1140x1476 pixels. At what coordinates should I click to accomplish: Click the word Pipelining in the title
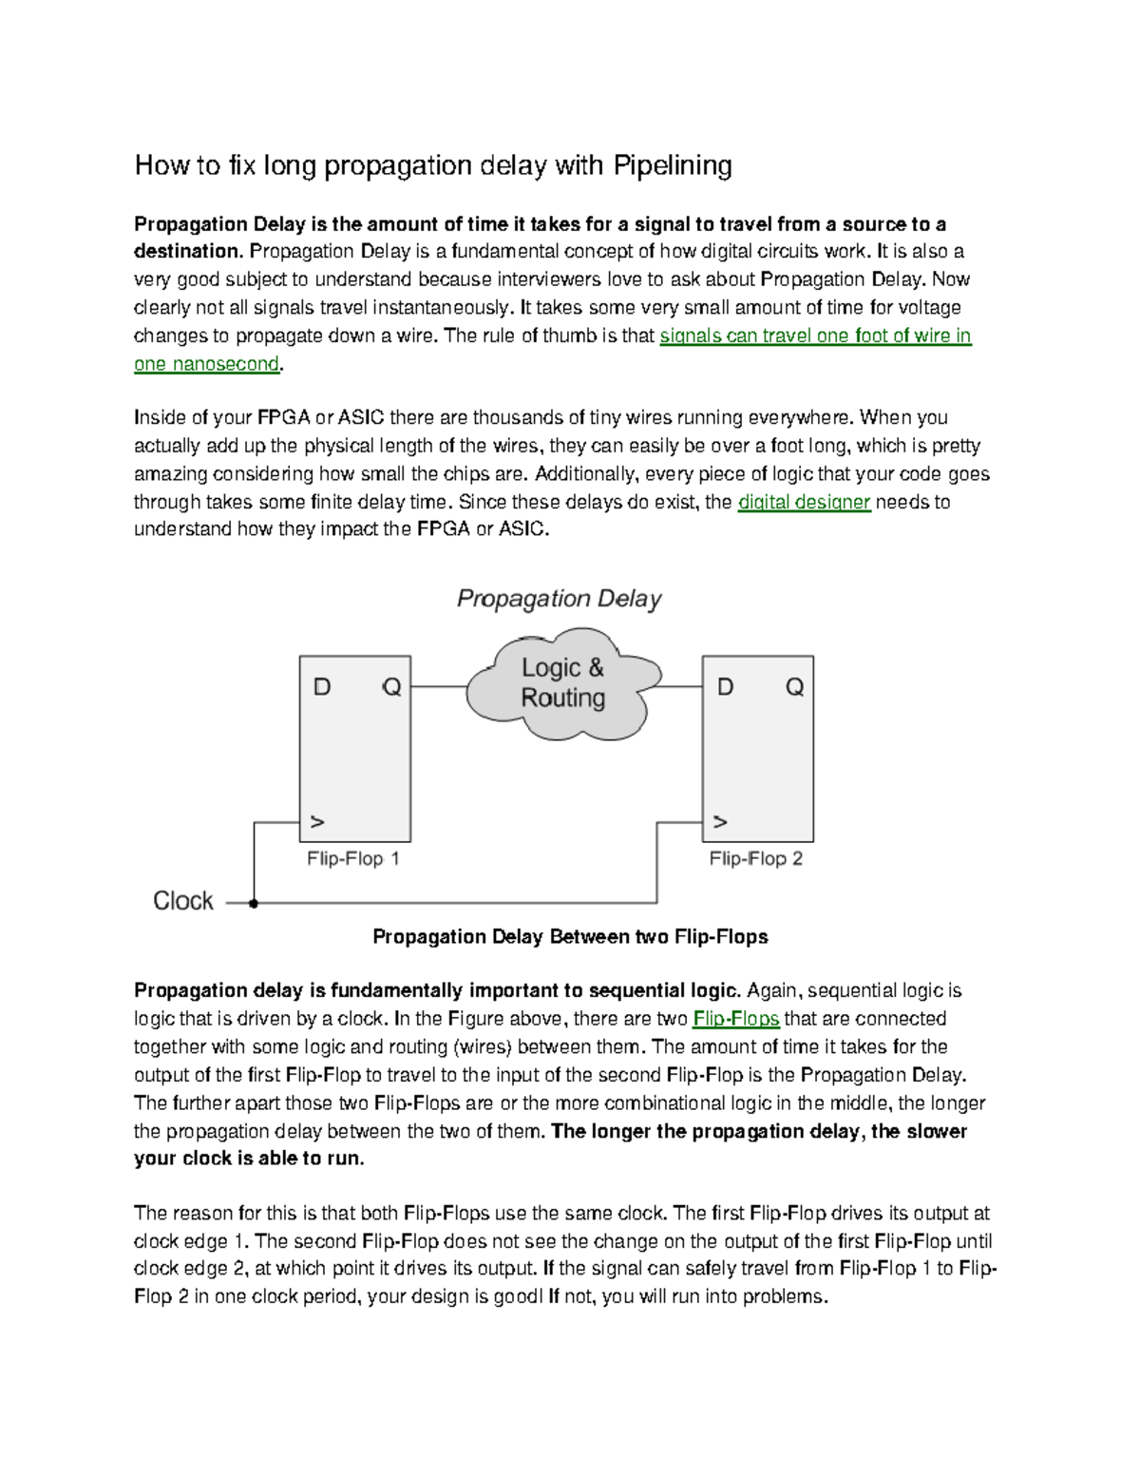(x=672, y=166)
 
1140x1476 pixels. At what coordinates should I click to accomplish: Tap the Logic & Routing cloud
(x=562, y=682)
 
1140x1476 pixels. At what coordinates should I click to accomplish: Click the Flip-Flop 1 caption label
(x=352, y=859)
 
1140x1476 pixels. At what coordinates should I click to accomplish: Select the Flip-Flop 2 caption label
(x=755, y=859)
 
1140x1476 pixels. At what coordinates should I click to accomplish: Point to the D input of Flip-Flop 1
(x=322, y=687)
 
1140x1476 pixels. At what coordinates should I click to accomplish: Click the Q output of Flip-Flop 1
(x=391, y=687)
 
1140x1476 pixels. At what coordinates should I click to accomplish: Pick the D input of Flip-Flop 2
(x=725, y=687)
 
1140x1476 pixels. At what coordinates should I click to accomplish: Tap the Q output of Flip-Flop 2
(x=794, y=687)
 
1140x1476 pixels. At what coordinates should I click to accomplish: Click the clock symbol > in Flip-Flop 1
(x=317, y=822)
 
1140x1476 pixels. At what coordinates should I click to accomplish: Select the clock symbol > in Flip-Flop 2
(x=720, y=822)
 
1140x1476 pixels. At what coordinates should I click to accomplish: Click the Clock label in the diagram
(x=183, y=901)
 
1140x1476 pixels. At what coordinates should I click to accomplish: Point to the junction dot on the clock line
(x=254, y=904)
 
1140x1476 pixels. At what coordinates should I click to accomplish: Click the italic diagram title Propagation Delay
(x=559, y=599)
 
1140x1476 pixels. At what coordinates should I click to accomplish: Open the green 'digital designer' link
(x=804, y=502)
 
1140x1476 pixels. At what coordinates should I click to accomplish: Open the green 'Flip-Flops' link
(x=736, y=1019)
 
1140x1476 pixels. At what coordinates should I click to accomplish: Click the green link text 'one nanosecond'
(x=206, y=364)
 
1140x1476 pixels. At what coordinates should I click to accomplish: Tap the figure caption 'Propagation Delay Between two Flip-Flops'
(x=570, y=937)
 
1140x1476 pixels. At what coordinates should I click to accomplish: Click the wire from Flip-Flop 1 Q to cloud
(x=438, y=687)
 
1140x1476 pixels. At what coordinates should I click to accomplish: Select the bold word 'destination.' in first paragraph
(x=188, y=252)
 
